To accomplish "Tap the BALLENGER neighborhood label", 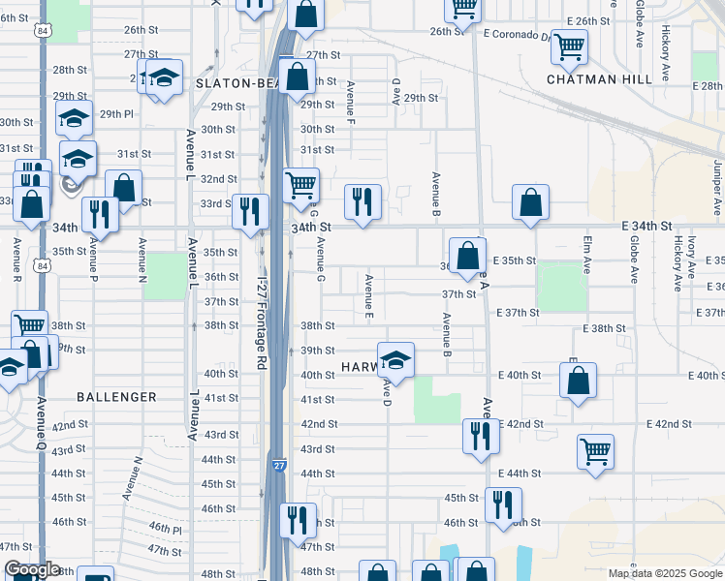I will tap(117, 397).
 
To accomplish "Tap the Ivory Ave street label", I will tap(693, 257).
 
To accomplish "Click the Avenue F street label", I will tap(350, 104).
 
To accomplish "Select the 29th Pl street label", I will tap(116, 114).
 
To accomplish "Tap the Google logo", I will tap(32, 570).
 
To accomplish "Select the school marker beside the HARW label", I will tap(395, 361).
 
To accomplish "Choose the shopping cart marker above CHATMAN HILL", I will tap(569, 45).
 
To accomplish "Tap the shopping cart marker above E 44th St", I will tap(595, 450).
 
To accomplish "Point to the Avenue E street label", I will tap(369, 296).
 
